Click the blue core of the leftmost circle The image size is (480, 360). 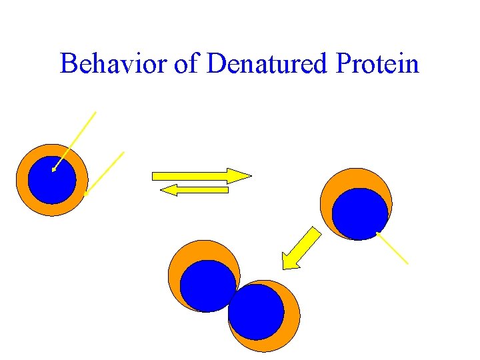pyautogui.click(x=52, y=180)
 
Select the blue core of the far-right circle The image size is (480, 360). pyautogui.click(x=360, y=213)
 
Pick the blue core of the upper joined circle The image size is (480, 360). pyautogui.click(x=207, y=285)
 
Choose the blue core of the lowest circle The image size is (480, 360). pyautogui.click(x=256, y=312)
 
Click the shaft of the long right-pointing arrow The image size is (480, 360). pyautogui.click(x=190, y=176)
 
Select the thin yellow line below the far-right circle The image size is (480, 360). pyautogui.click(x=393, y=248)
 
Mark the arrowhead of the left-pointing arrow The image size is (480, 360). pyautogui.click(x=169, y=190)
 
